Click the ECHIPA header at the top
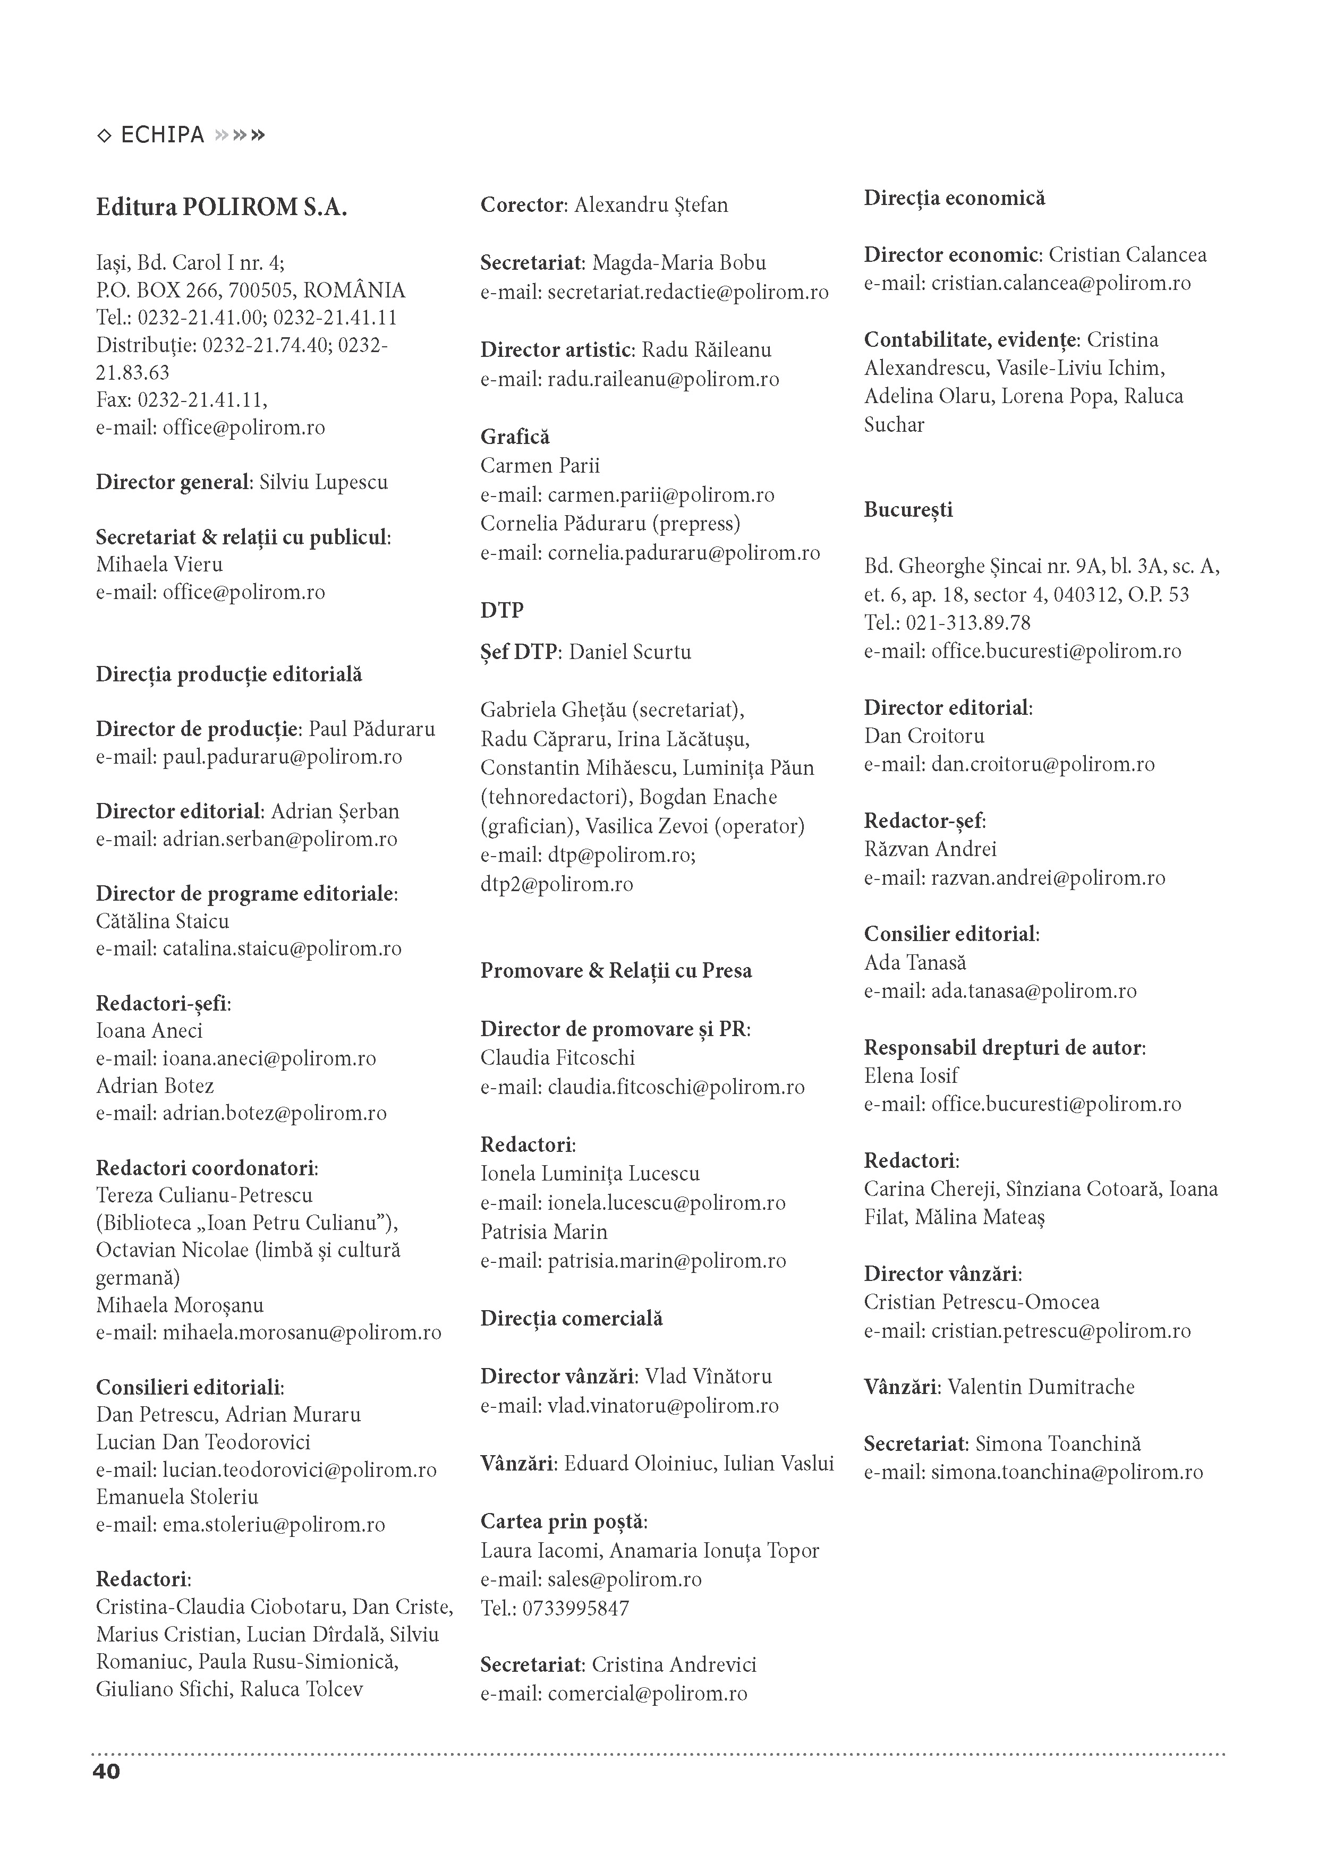coord(163,135)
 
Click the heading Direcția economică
coord(955,198)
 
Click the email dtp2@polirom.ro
coord(557,884)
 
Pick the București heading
coord(908,510)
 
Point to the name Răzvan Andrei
coord(930,849)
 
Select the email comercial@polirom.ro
coord(647,1694)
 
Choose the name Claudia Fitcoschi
coord(558,1057)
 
